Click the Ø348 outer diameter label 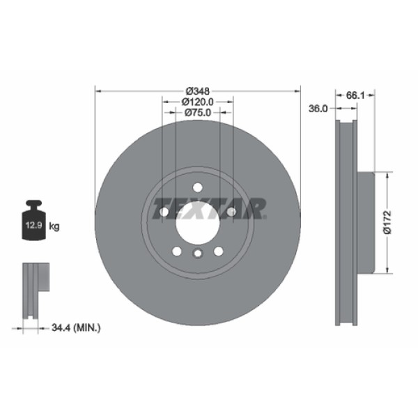[198, 91]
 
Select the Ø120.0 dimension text [198, 102]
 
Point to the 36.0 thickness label [318, 108]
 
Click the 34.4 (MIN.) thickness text [77, 325]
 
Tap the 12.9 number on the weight [33, 225]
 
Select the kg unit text [55, 226]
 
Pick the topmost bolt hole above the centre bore [197, 187]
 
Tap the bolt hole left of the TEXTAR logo [164, 212]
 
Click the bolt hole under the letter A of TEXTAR [231, 212]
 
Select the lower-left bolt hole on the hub [176, 251]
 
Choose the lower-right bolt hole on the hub [218, 251]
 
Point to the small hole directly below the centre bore [197, 254]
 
